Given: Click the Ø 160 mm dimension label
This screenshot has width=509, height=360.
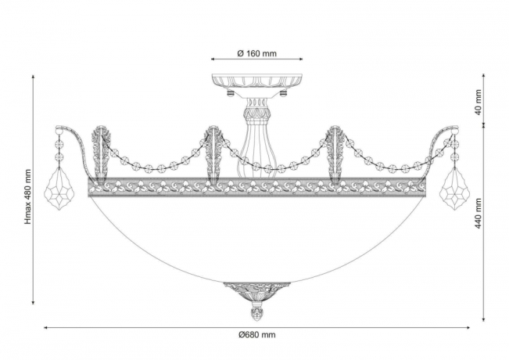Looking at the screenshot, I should [x=258, y=54].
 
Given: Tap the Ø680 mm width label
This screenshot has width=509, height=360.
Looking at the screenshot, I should [x=257, y=335].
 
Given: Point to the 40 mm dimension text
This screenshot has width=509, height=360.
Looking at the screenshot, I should [x=478, y=101].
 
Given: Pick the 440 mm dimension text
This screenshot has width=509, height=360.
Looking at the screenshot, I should [x=478, y=211].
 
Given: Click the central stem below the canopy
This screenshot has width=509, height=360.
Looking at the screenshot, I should [x=256, y=137].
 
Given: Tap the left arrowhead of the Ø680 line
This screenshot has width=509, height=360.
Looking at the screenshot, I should [x=45, y=327].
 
